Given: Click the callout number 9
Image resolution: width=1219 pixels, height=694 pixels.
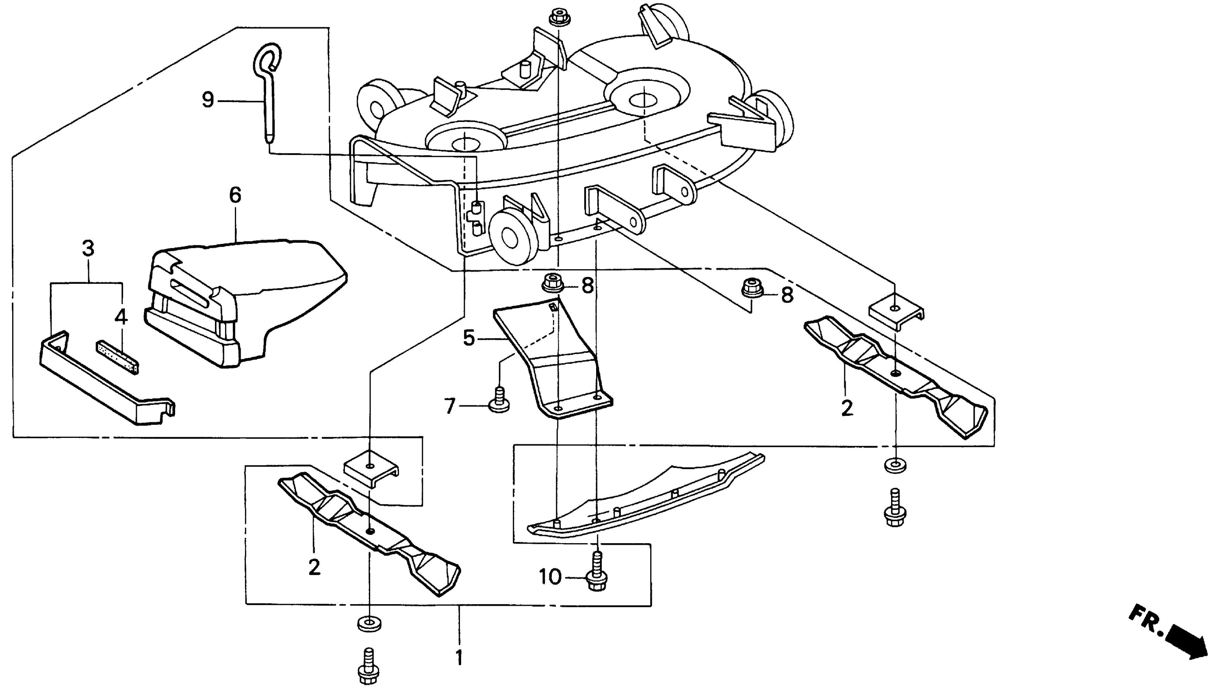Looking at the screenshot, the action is tap(208, 100).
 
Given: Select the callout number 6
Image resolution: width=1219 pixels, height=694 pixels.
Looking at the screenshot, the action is tap(235, 195).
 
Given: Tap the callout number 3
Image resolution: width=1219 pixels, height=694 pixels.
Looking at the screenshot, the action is tap(88, 249).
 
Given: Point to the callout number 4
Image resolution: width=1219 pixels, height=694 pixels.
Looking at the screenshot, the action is tap(121, 316).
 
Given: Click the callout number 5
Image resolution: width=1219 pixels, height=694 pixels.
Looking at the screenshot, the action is tap(469, 338).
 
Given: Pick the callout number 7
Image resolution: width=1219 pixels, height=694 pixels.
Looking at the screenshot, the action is tap(450, 407).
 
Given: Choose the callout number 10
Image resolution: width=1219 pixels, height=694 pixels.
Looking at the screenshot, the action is tap(550, 577).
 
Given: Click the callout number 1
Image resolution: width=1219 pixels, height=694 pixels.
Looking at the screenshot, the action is tap(459, 657).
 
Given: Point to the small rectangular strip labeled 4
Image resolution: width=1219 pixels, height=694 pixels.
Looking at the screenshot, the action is tap(118, 357).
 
